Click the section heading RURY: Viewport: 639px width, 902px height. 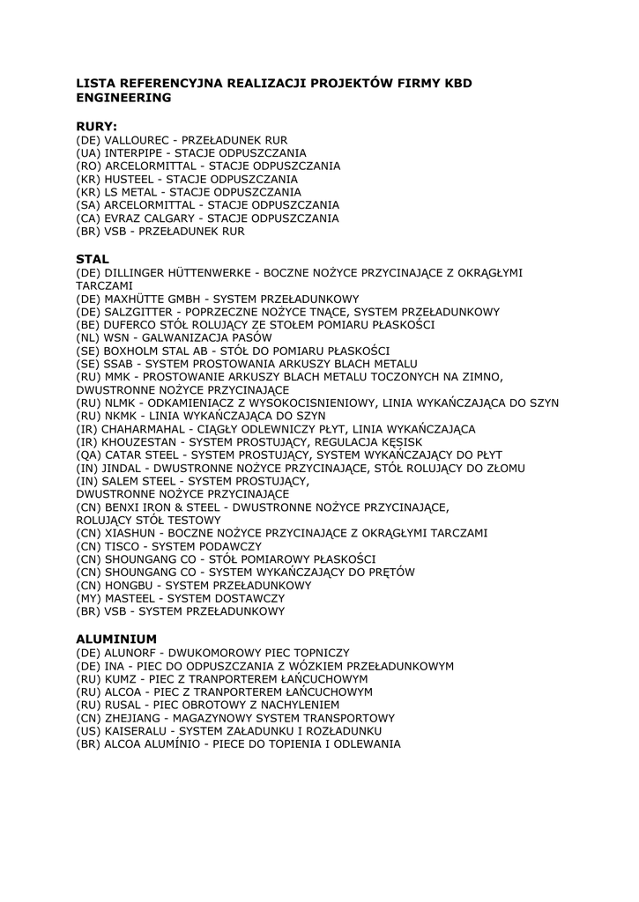(x=96, y=126)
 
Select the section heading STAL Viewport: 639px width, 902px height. (x=93, y=259)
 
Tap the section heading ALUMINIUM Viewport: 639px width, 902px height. (x=116, y=638)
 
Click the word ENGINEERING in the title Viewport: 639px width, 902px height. (x=123, y=98)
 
